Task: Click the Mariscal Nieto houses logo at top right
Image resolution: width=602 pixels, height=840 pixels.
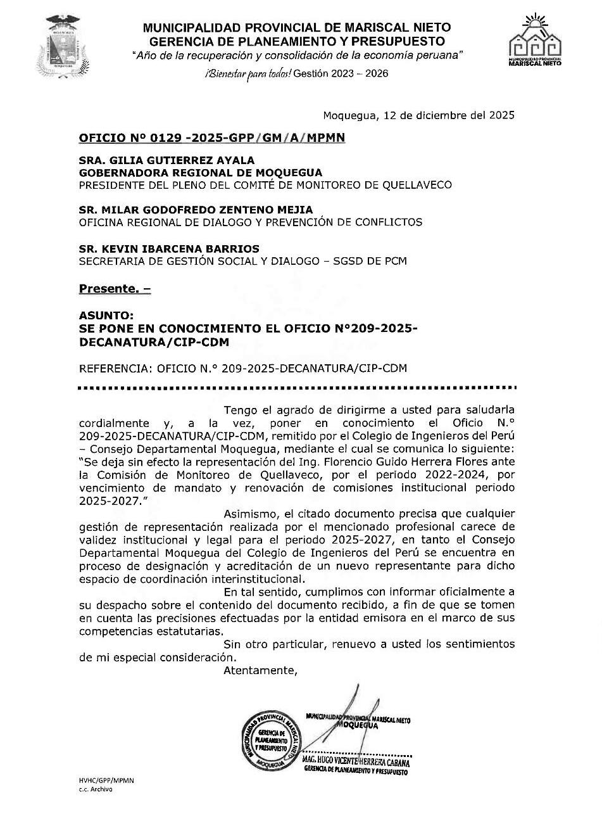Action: tap(536, 41)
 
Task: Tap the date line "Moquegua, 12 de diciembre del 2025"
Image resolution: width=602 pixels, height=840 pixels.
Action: tap(418, 115)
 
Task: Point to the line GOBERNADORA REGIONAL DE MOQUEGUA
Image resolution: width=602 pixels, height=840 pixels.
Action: tap(200, 172)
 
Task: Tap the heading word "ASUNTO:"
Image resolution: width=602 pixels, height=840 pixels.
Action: tap(97, 315)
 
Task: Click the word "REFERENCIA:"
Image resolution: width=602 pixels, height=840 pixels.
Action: tap(115, 368)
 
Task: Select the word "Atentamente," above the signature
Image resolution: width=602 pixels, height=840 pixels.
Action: tap(260, 670)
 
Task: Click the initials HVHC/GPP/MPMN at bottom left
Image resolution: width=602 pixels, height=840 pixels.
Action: tap(106, 781)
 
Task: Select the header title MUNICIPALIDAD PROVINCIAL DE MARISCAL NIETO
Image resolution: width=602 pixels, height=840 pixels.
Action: tap(297, 27)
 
